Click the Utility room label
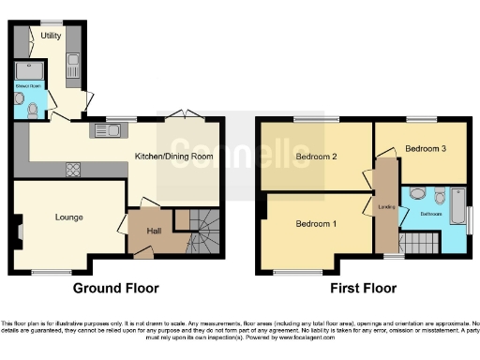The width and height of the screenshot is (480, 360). click(x=51, y=36)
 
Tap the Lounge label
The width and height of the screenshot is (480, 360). click(x=68, y=217)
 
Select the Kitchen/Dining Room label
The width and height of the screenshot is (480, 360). click(x=175, y=156)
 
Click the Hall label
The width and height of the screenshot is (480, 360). click(x=157, y=231)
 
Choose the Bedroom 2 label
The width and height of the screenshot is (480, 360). click(x=316, y=157)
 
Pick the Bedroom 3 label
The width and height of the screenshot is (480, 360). click(x=425, y=148)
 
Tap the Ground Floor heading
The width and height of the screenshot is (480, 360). click(x=116, y=288)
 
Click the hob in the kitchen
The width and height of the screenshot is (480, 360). click(x=72, y=169)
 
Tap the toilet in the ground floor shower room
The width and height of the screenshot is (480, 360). click(x=33, y=109)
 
